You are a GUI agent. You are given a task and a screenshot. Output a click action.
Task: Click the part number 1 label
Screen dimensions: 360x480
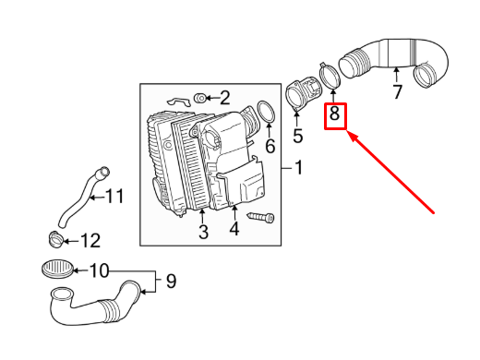click(298, 168)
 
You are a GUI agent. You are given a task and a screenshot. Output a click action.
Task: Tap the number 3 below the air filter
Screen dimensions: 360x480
click(202, 231)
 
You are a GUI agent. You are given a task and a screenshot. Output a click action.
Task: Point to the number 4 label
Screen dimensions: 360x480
click(234, 229)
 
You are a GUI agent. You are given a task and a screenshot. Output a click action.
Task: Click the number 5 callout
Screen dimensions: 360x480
click(297, 137)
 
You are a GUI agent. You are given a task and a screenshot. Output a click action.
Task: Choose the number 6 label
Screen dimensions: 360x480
click(270, 146)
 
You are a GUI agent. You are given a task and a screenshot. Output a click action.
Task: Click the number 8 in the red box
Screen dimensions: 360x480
click(335, 116)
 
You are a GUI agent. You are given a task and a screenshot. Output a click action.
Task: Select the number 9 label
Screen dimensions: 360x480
click(170, 281)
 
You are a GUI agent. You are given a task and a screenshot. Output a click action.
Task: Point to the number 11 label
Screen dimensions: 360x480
click(114, 196)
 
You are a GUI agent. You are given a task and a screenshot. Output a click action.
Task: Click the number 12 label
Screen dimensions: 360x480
click(90, 241)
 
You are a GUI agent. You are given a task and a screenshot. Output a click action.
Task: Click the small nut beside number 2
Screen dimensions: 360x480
click(200, 96)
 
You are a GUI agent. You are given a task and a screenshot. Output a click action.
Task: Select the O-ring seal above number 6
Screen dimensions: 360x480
click(266, 113)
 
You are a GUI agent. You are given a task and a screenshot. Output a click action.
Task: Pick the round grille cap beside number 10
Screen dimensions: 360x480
click(57, 270)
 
